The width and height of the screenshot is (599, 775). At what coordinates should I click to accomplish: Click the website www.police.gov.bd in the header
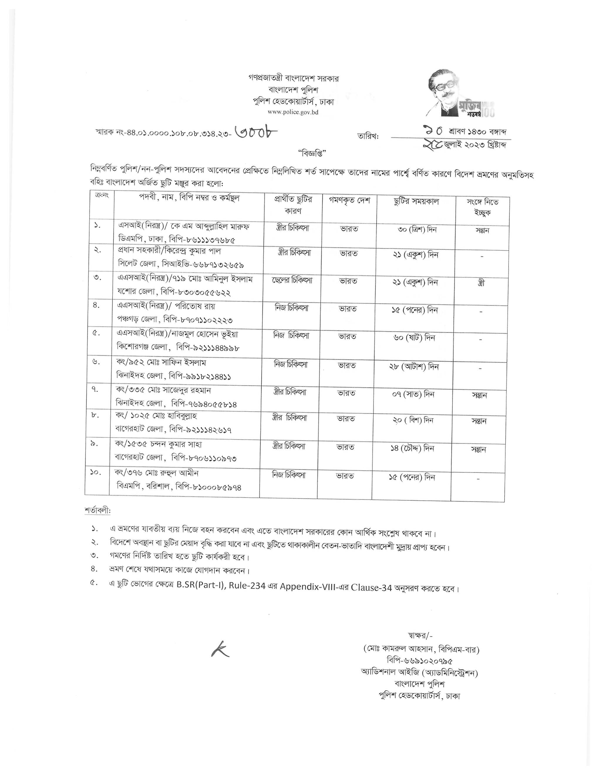293,112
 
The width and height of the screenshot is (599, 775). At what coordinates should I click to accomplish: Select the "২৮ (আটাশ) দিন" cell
414,367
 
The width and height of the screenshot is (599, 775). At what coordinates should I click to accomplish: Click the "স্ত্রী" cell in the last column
481,283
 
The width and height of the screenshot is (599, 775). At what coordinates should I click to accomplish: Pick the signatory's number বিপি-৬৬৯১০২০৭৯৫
420,661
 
